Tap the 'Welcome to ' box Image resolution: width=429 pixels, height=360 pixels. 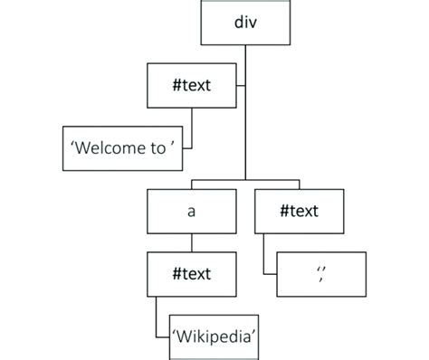click(129, 148)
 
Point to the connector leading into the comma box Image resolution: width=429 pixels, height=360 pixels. click(263, 258)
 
